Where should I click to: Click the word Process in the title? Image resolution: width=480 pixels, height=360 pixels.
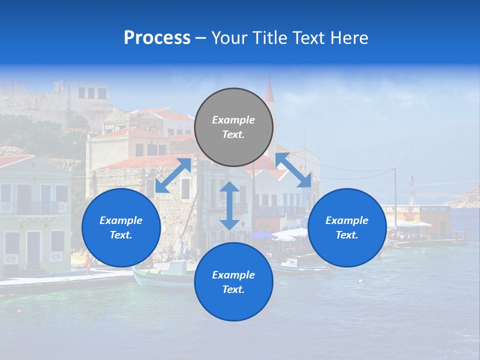(157, 38)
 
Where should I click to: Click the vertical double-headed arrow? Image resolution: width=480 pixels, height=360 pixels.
(229, 205)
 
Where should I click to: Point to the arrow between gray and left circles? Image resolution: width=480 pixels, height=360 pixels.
(173, 175)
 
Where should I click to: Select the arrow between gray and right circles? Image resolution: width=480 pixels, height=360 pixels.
(293, 170)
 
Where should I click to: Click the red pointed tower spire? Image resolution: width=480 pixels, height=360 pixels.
(269, 90)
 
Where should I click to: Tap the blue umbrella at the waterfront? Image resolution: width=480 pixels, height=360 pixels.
(262, 235)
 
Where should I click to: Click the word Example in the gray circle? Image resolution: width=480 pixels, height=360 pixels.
(233, 120)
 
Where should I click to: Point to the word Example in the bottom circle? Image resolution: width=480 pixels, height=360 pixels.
(233, 275)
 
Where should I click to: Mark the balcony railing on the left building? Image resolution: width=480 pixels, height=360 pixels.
(38, 207)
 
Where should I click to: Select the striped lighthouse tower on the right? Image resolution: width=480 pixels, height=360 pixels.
(411, 190)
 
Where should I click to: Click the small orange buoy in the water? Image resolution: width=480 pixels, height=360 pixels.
(19, 311)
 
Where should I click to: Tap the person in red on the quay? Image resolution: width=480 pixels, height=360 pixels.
(88, 264)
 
